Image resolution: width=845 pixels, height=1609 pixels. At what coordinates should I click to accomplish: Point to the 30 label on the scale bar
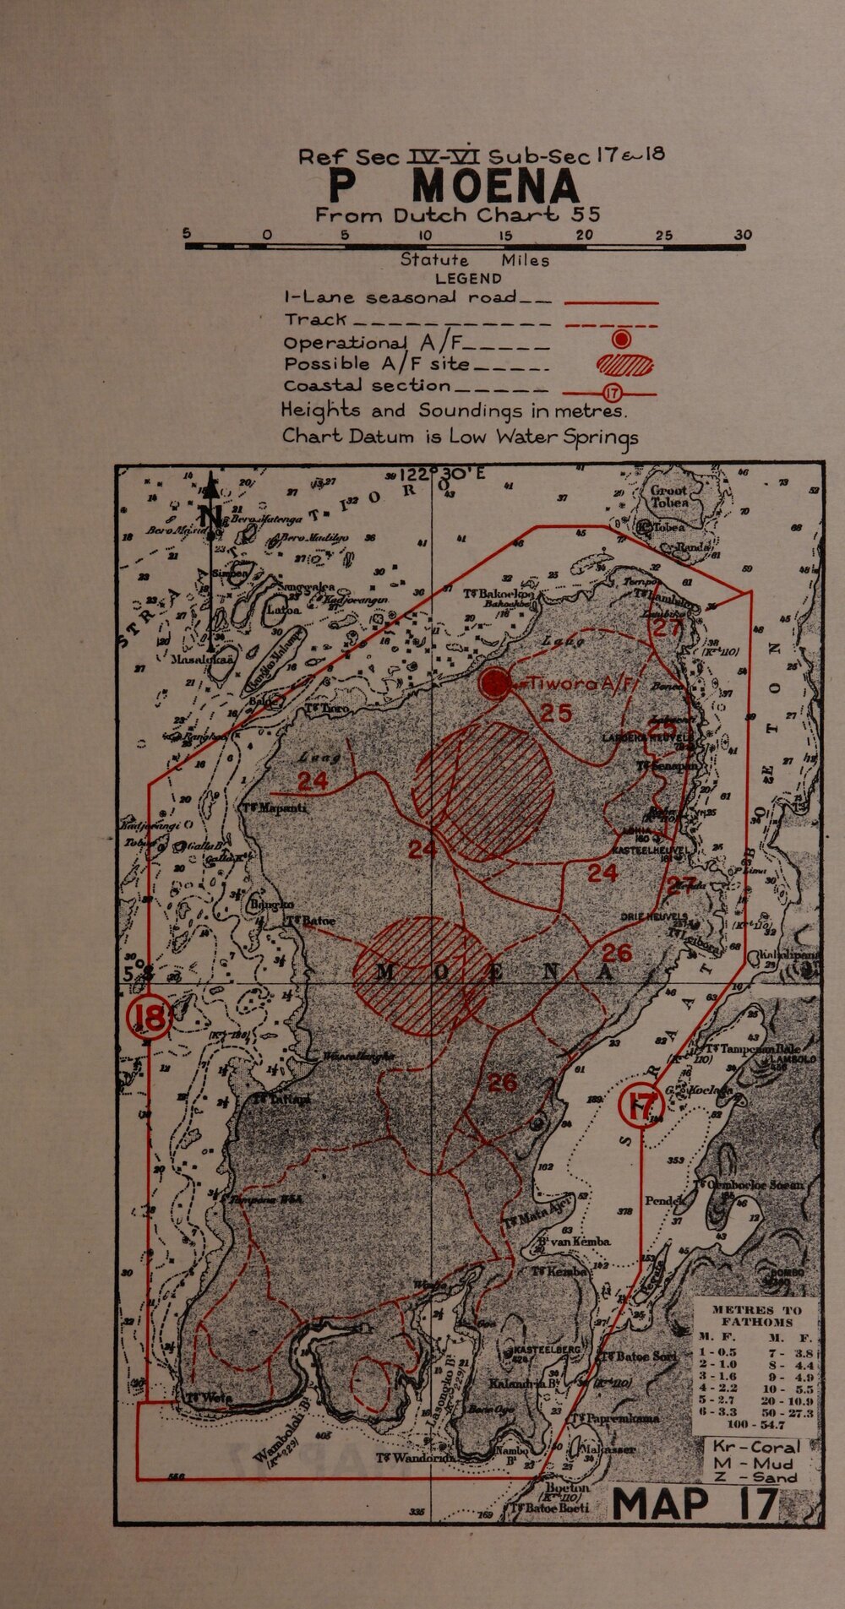click(x=743, y=235)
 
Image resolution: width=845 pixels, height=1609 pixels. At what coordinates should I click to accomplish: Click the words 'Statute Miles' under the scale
click(x=475, y=261)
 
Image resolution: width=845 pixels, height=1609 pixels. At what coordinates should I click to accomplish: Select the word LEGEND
click(x=468, y=279)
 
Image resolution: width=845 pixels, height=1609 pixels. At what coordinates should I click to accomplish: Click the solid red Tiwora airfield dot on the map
click(x=494, y=683)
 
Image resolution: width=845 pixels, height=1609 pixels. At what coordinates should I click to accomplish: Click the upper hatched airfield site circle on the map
click(x=482, y=791)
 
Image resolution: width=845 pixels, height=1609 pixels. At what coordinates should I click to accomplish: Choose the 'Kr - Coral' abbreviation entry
click(x=755, y=1445)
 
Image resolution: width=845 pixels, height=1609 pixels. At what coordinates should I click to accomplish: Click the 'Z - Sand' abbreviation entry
click(x=755, y=1478)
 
